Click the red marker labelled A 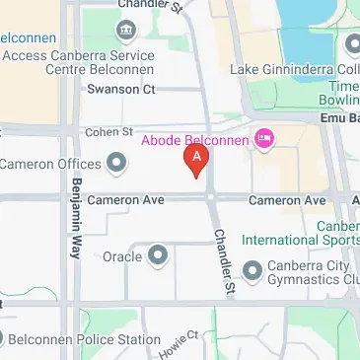click(x=197, y=158)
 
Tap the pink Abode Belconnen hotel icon click(x=263, y=140)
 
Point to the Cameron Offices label click(x=50, y=163)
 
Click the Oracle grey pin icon click(x=157, y=256)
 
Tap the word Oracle click(x=123, y=256)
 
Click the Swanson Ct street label click(x=121, y=89)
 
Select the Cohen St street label click(x=108, y=130)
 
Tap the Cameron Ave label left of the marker click(x=125, y=200)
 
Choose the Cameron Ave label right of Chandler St click(x=286, y=200)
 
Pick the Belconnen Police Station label click(x=83, y=339)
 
